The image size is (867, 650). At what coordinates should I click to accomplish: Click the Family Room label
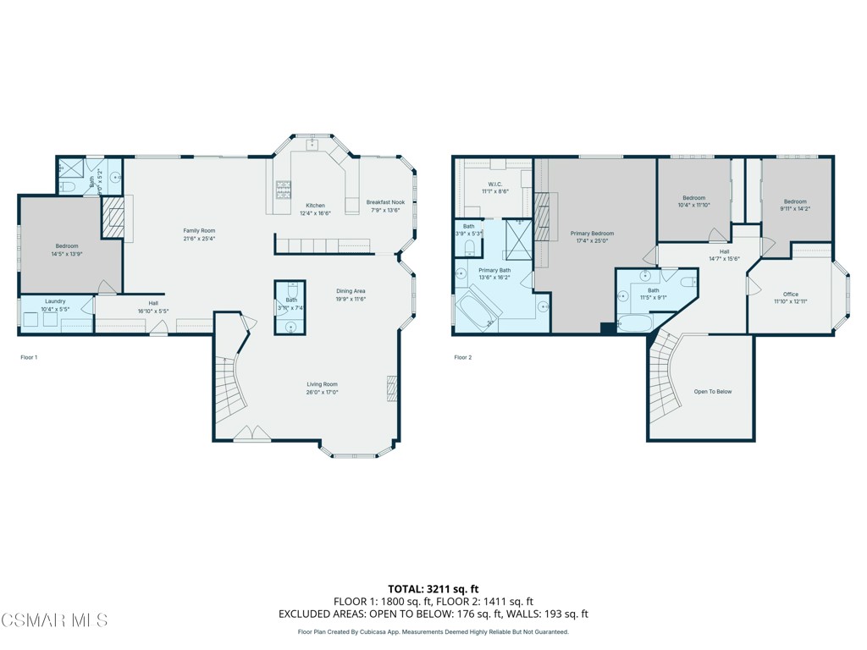pos(200,231)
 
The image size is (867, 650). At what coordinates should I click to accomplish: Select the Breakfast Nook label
pos(385,202)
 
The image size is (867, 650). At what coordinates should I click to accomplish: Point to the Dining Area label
pos(350,291)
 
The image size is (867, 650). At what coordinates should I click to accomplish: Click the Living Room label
pos(322,384)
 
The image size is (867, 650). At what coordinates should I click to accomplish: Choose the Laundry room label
pos(55,300)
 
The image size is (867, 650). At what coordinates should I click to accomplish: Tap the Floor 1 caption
pos(29,358)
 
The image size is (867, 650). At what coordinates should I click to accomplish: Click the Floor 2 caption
pos(463,358)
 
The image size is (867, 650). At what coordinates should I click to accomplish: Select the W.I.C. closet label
pos(495,184)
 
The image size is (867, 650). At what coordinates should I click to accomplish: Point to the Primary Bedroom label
pos(592,234)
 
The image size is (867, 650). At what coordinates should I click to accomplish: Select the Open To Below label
pos(712,392)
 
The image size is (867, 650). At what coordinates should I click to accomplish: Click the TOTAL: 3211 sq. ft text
pos(433,588)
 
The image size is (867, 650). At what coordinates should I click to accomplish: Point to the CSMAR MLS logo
pos(54,620)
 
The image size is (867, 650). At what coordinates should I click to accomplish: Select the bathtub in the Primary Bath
pos(478,307)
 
